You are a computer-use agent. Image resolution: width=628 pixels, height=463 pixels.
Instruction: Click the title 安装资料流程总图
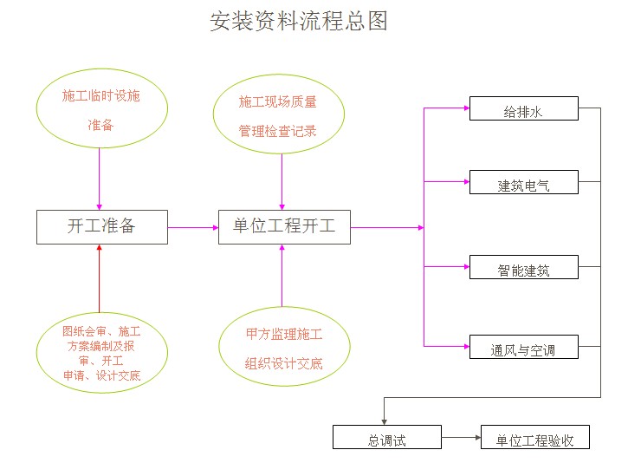(299, 22)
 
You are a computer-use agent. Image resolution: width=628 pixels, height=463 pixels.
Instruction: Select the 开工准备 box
(101, 227)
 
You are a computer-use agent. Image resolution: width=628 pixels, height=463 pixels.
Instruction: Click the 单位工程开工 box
(284, 227)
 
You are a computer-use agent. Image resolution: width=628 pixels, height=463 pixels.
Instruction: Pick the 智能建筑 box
(522, 268)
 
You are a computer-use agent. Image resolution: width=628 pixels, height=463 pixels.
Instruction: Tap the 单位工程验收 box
(534, 438)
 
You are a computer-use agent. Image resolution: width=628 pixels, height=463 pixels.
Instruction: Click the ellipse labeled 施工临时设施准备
(100, 110)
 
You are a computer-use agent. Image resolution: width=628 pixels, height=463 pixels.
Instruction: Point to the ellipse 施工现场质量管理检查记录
(279, 116)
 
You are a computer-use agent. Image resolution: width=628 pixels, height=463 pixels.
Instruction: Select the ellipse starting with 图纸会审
(100, 353)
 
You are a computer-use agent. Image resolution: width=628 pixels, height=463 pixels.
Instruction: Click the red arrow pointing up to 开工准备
(100, 277)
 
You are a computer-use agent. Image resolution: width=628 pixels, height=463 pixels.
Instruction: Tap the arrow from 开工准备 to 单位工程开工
(192, 228)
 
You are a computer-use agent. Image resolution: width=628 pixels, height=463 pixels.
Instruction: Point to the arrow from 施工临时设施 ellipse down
(100, 178)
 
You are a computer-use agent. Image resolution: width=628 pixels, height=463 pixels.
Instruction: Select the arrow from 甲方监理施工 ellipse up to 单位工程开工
(282, 276)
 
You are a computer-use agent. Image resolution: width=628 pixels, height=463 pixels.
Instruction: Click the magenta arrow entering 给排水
(446, 109)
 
